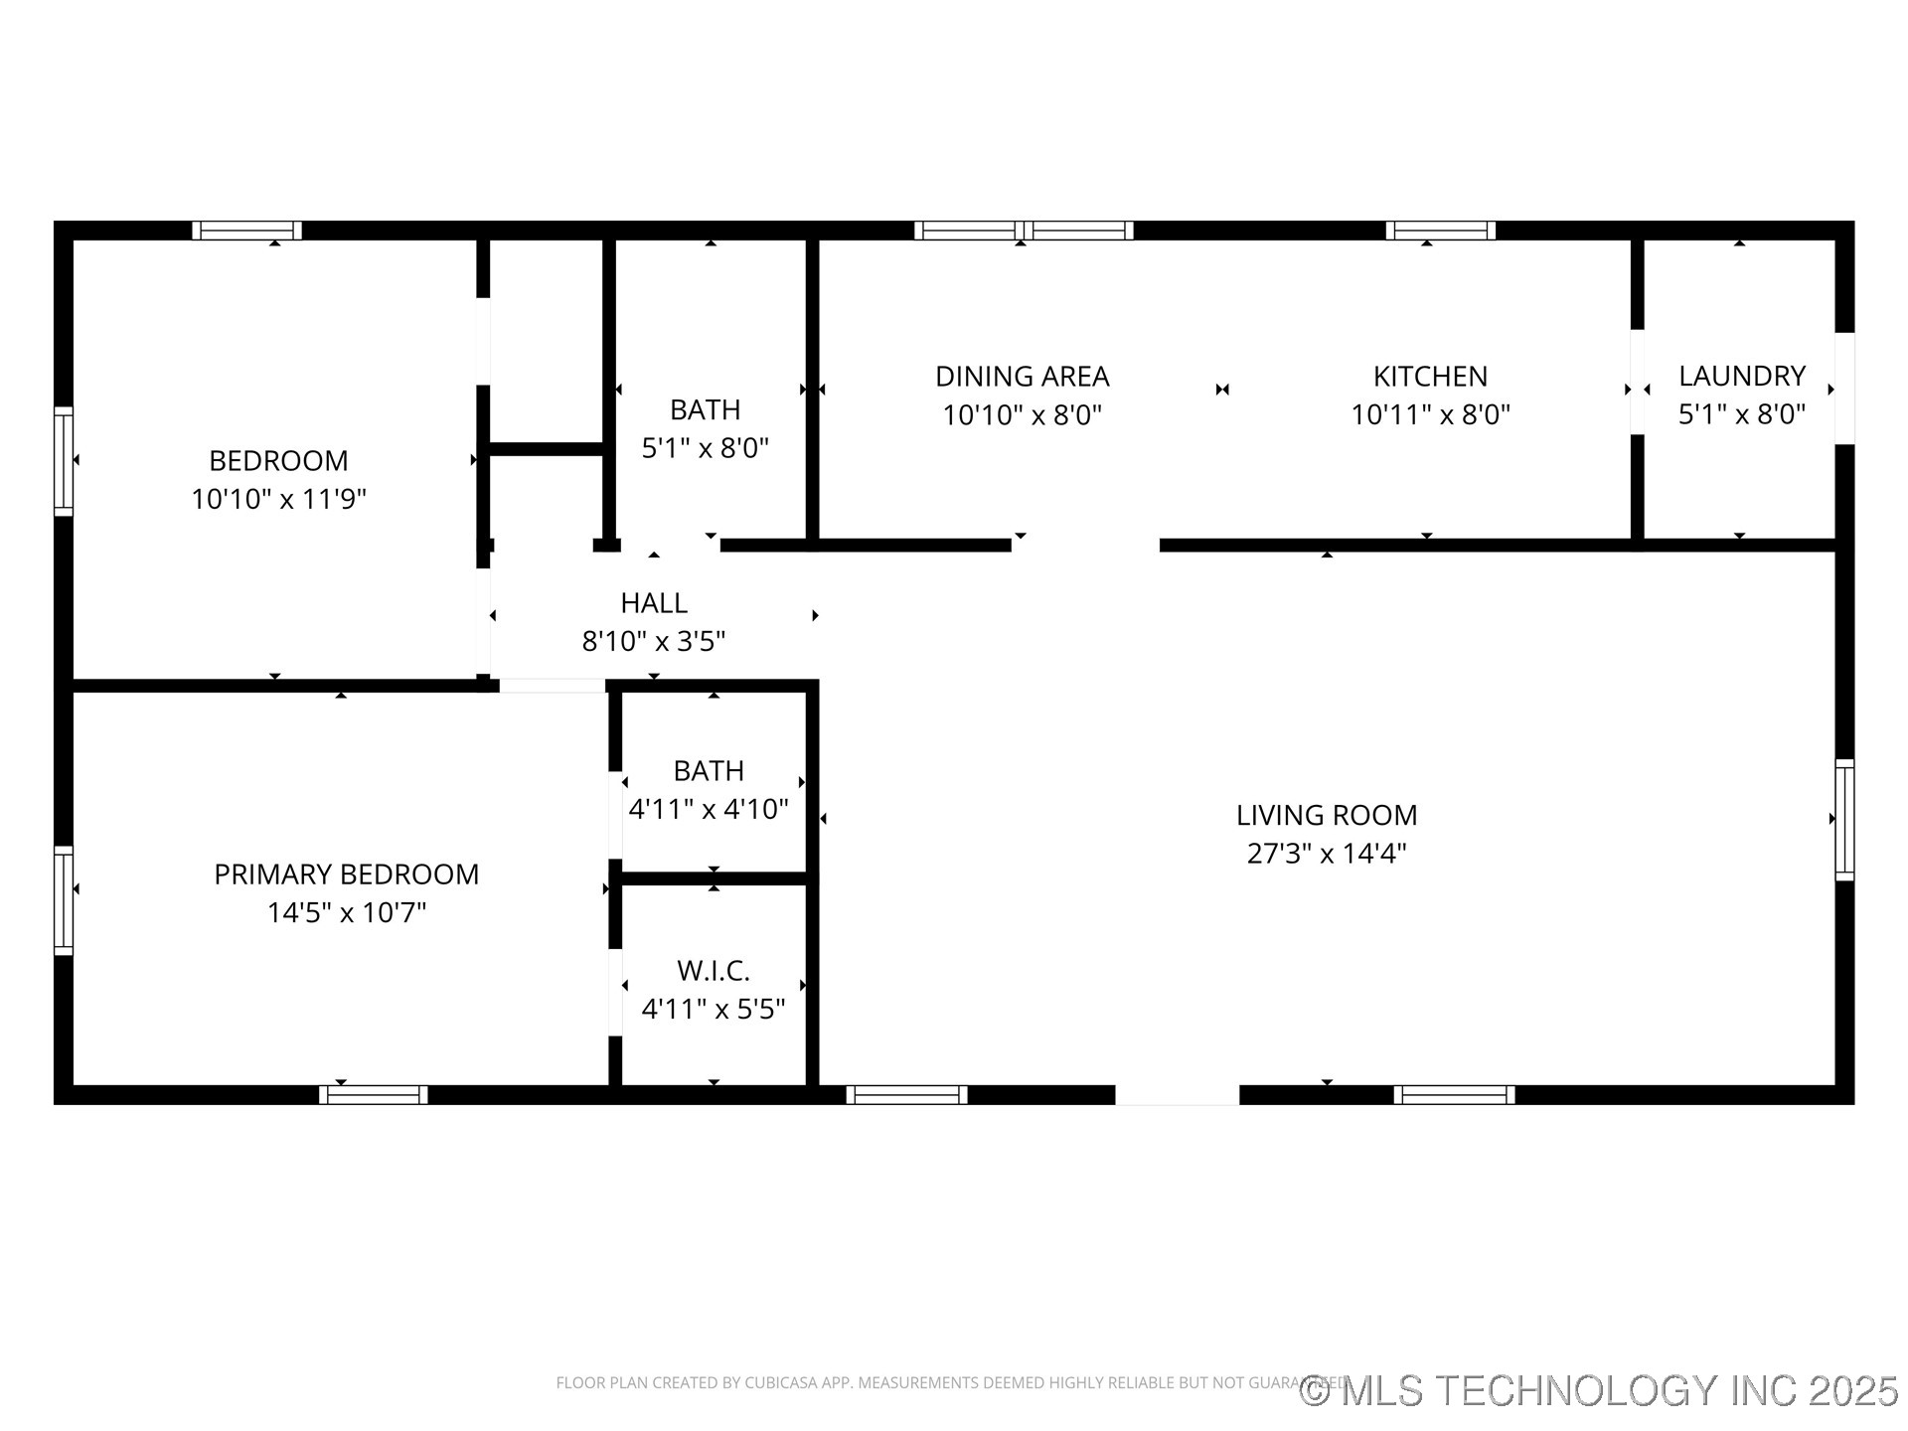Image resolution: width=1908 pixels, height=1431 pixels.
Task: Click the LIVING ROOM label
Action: click(1326, 815)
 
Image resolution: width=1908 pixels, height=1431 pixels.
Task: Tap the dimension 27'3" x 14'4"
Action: click(1326, 853)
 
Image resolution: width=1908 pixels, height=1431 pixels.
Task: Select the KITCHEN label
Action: click(1430, 377)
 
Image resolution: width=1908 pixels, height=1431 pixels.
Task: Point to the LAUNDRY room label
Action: click(1741, 376)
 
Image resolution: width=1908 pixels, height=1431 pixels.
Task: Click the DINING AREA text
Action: click(1022, 377)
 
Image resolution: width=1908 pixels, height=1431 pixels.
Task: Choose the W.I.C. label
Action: click(713, 970)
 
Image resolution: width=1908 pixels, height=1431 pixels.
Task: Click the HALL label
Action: click(653, 603)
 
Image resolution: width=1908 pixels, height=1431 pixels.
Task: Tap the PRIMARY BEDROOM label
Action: click(346, 874)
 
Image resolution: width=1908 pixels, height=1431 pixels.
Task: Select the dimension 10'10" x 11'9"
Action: click(278, 499)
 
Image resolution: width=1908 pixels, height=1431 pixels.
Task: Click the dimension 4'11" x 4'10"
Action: click(708, 809)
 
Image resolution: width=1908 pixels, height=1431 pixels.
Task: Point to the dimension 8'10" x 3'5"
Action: click(653, 641)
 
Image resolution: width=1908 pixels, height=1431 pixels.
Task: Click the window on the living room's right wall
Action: click(1844, 820)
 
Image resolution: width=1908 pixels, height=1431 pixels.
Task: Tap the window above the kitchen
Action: click(1440, 231)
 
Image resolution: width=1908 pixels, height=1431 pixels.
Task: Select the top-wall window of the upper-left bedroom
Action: click(246, 231)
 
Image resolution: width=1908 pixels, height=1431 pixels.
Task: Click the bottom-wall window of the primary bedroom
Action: click(373, 1095)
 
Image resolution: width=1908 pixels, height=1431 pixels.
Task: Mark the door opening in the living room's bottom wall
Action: click(1177, 1095)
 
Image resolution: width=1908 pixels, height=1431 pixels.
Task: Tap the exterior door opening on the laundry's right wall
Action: click(1844, 389)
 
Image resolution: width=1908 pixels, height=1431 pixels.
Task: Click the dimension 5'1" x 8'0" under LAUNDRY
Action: click(1741, 413)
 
